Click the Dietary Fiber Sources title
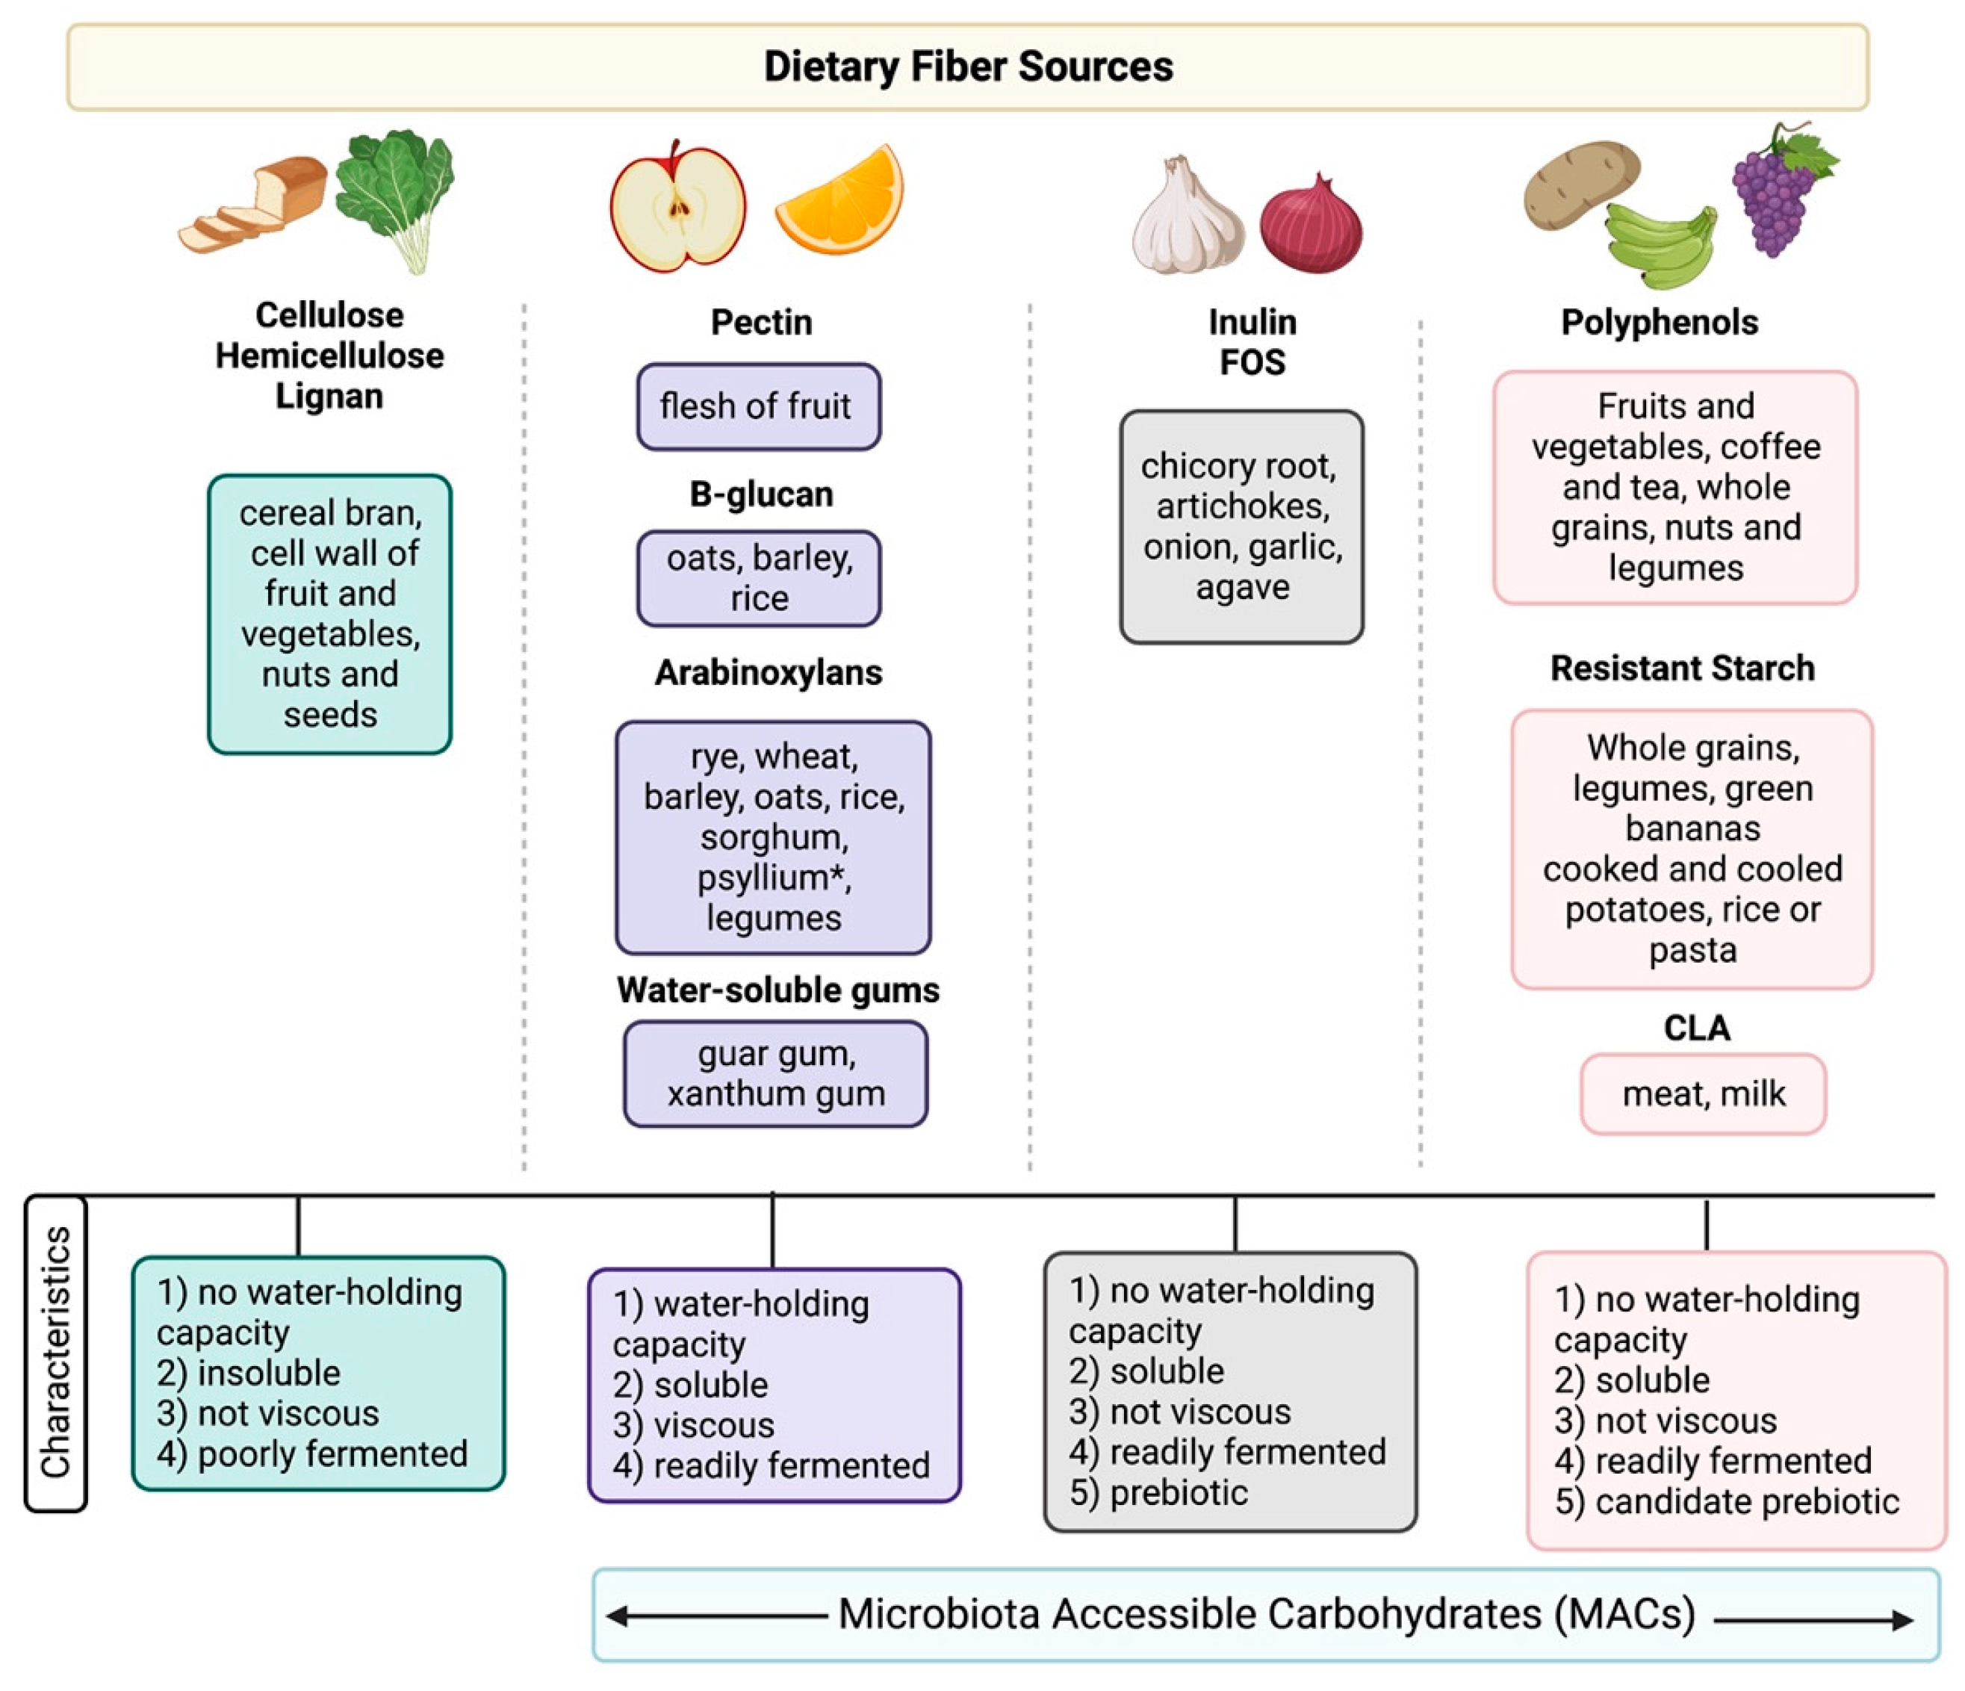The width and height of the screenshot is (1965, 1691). tap(967, 66)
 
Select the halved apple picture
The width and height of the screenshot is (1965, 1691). tap(677, 207)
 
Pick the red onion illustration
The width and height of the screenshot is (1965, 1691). tap(1311, 226)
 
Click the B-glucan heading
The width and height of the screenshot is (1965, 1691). tap(760, 494)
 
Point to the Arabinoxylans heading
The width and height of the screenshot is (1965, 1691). tap(769, 672)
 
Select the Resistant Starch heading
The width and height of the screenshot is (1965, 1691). tap(1681, 668)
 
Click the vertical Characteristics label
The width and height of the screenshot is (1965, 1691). tap(56, 1353)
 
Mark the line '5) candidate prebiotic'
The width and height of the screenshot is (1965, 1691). tap(1726, 1501)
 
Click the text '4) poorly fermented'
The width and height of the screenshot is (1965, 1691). tap(312, 1453)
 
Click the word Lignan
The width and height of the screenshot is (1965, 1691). tap(329, 395)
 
